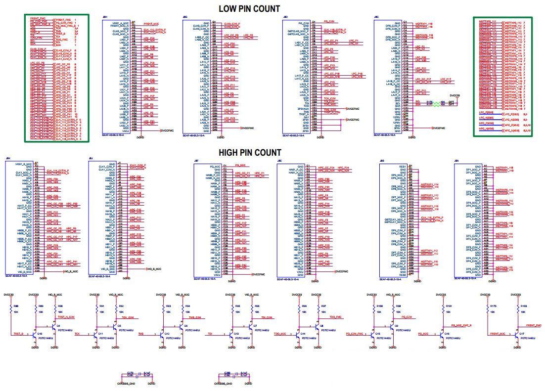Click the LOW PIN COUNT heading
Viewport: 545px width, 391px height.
click(x=249, y=8)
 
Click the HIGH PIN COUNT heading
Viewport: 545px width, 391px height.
click(x=250, y=153)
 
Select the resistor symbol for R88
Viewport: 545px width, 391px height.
click(x=10, y=310)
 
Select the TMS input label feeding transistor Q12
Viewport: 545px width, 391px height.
click(x=141, y=334)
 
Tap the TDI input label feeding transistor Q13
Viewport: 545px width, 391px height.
click(x=210, y=334)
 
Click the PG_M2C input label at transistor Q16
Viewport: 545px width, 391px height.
click(x=422, y=334)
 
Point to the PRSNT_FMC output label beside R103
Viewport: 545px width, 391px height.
click(x=533, y=325)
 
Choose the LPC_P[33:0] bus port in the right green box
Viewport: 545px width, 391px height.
click(x=487, y=113)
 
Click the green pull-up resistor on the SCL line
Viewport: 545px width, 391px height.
click(x=436, y=101)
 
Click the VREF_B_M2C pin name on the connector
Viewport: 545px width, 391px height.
click(x=24, y=164)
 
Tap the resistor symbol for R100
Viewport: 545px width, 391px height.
click(x=372, y=310)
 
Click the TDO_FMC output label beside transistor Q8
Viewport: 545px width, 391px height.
click(x=336, y=317)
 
